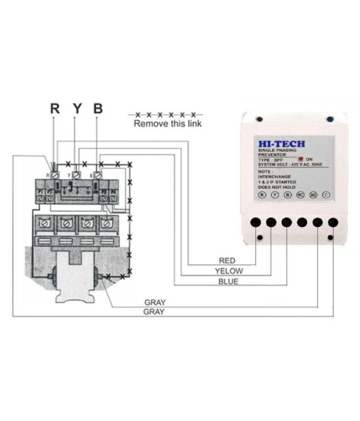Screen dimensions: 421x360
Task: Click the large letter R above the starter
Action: pos(55,109)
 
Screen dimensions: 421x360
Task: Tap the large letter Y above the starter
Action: pos(76,109)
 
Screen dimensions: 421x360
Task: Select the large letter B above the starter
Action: pos(98,109)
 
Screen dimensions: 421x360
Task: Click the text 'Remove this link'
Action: pos(168,124)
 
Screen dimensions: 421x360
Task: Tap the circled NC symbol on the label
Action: pos(300,195)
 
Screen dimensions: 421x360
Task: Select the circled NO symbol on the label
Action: pos(313,195)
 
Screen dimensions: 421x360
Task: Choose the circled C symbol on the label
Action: pos(326,195)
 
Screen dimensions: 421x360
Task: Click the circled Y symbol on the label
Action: pos(275,195)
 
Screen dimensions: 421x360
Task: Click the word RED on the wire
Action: pos(227,261)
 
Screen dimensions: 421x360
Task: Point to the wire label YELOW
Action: pos(229,271)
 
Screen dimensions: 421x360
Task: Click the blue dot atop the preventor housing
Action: pos(330,119)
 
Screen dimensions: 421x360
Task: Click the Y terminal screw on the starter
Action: pos(77,175)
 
